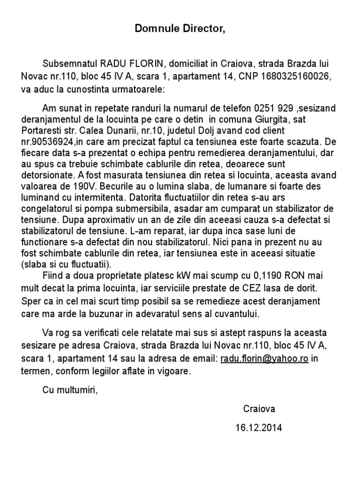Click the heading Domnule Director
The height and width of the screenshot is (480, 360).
[180, 29]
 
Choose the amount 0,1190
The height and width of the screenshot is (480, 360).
[256, 275]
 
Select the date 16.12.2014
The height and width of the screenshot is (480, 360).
[259, 427]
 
